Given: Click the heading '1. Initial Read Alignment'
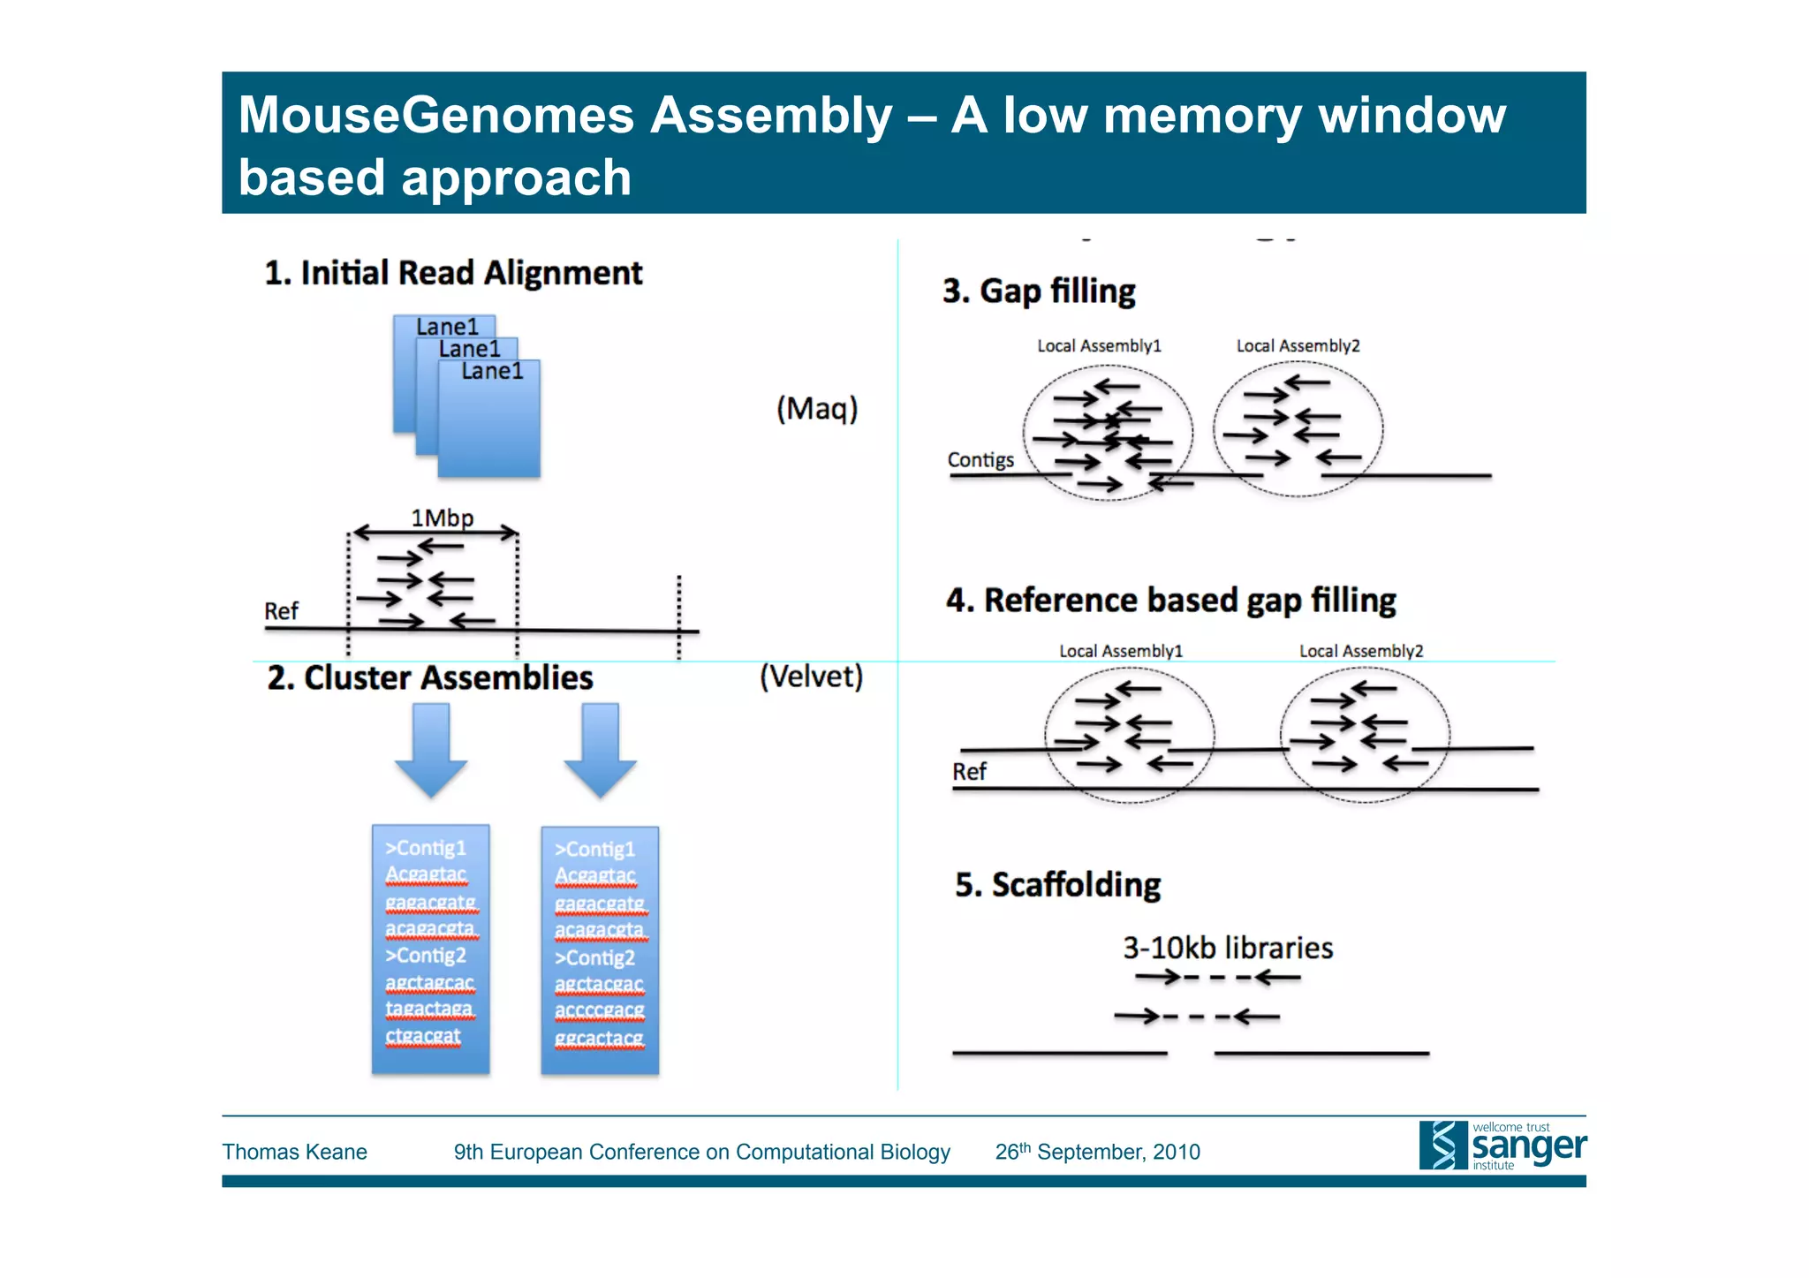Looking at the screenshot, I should pos(453,273).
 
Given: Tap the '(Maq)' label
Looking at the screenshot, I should pos(817,408).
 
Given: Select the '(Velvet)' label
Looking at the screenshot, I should pos(811,677).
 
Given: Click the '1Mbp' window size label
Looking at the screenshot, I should pos(442,518).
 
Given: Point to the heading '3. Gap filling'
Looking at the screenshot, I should pos(1039,291).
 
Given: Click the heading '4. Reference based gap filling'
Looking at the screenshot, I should pos(1170,600).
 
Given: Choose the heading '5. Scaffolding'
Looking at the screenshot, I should pos(1057,884).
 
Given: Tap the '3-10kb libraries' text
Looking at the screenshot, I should pos(1227,948).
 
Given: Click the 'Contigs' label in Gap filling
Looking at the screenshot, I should pos(980,460).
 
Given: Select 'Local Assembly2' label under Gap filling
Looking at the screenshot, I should pos(1298,346).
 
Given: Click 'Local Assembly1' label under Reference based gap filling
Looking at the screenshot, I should pos(1120,651).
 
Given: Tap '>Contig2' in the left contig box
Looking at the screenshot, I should pos(425,956).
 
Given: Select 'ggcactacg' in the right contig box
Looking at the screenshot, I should pos(599,1038).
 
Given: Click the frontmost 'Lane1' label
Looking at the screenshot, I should pos(492,372).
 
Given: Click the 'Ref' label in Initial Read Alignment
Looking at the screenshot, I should pos(281,611).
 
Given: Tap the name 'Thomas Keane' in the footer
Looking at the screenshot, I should pos(294,1152).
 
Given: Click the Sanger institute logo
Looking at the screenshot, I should pos(1502,1146).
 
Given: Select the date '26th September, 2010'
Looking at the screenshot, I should pos(1097,1152).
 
